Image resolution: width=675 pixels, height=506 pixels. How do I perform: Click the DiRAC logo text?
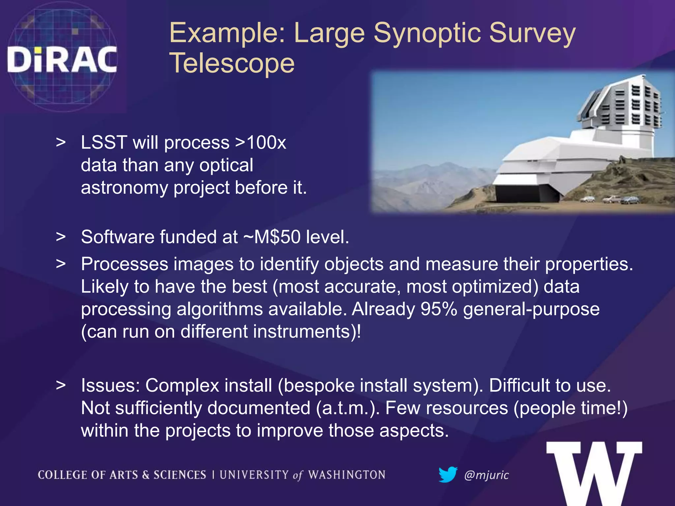(62, 59)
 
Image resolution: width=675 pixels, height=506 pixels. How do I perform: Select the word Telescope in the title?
(232, 63)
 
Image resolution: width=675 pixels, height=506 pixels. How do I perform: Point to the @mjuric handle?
(486, 475)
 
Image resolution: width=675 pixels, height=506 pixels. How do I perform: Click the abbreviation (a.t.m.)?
(348, 408)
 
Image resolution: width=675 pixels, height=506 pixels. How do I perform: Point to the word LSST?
(104, 143)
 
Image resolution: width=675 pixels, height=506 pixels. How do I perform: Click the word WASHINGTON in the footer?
(347, 475)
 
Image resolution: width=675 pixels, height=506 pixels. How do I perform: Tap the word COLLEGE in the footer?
(63, 475)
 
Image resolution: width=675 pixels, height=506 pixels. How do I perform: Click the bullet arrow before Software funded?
(61, 237)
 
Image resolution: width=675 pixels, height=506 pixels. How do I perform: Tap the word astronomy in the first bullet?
(124, 188)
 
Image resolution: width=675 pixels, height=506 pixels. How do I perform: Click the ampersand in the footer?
(145, 475)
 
